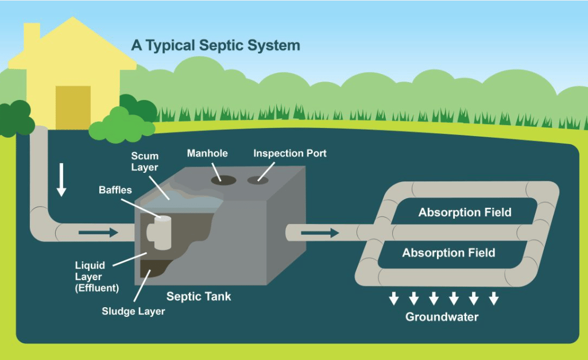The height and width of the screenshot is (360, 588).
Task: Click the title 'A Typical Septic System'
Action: [x=215, y=45]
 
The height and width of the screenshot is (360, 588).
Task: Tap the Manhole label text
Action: [x=207, y=153]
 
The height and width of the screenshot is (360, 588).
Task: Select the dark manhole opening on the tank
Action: [x=224, y=179]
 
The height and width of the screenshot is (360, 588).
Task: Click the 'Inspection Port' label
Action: [x=289, y=153]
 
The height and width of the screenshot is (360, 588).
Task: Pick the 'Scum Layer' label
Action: [x=144, y=161]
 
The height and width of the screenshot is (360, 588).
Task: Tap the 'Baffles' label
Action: [x=115, y=189]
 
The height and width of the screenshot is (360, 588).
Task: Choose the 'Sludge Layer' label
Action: [x=133, y=311]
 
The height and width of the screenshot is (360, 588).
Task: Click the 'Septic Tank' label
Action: [x=199, y=296]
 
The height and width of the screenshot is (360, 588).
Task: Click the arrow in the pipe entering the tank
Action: [x=98, y=233]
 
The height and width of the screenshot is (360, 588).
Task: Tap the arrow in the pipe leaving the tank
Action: [x=319, y=233]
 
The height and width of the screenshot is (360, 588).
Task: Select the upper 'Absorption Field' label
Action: [x=465, y=212]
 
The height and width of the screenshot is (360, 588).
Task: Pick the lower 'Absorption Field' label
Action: [x=448, y=253]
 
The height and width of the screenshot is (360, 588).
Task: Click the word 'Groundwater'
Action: [x=442, y=316]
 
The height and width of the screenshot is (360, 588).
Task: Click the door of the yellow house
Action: [x=73, y=107]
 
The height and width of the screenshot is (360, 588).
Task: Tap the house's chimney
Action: [x=32, y=34]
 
